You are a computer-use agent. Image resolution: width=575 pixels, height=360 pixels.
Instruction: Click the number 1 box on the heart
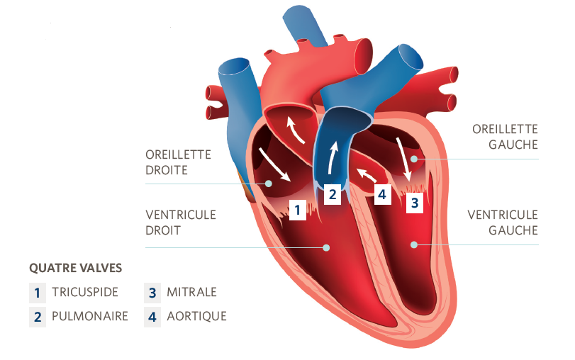pos(298,210)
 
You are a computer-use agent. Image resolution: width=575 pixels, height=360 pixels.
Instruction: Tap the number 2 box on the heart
pos(333,194)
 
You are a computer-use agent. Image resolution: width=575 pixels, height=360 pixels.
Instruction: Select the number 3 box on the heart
pos(415,203)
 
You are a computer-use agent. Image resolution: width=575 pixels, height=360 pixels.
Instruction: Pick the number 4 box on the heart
pos(383,193)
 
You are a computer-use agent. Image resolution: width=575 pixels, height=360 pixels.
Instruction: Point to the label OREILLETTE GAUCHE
pos(505,137)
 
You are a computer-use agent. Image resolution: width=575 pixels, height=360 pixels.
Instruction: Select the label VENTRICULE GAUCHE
pos(502,222)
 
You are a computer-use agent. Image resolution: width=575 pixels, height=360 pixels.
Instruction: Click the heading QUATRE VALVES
pos(75,269)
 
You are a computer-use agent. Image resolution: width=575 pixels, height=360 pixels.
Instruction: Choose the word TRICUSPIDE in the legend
pos(85,292)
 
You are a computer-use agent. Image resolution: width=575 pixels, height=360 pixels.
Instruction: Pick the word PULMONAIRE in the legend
pos(90,316)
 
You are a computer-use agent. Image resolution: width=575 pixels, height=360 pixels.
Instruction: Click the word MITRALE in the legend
pos(191,292)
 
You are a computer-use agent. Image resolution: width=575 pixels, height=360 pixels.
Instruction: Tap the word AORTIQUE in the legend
pos(196,316)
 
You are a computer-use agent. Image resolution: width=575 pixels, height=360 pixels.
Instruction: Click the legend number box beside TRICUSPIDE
pos(37,292)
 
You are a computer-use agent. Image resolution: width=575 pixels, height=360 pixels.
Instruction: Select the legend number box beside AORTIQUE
pos(152,316)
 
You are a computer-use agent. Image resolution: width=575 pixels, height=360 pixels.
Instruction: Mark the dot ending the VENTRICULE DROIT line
pos(327,247)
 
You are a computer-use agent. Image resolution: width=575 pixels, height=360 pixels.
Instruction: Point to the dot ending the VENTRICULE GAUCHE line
pos(415,245)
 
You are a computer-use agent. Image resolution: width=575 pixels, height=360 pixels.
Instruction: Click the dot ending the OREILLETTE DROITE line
pos(269,184)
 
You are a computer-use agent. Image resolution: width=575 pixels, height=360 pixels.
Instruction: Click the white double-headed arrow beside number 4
pos(366,174)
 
